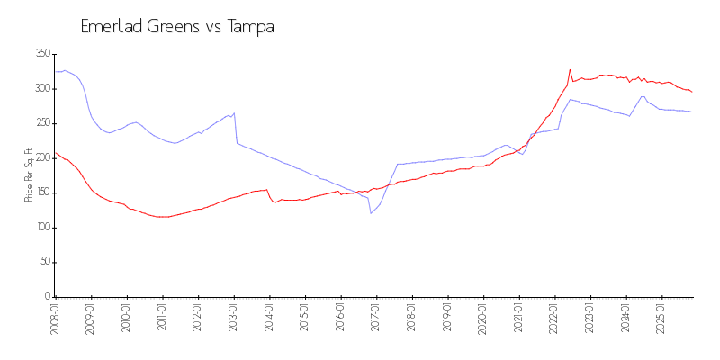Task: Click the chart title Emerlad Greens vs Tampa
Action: pos(177,27)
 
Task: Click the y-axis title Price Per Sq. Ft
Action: pos(29,175)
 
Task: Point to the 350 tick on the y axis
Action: pos(41,54)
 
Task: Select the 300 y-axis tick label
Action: pos(41,88)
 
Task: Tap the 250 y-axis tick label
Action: pos(41,123)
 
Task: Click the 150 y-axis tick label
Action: pos(41,193)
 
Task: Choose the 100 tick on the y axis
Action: pos(41,228)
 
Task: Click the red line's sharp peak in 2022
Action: pos(570,69)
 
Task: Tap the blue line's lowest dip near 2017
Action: pos(371,213)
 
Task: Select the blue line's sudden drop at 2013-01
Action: pos(235,128)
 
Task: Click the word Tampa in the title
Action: pos(250,27)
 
